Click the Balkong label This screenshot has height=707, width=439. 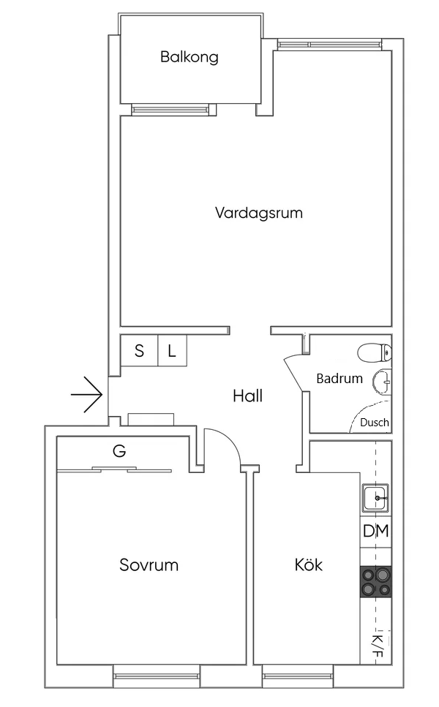(x=190, y=57)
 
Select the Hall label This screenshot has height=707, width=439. (x=247, y=396)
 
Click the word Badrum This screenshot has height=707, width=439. (x=339, y=379)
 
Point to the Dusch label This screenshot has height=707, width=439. (x=374, y=423)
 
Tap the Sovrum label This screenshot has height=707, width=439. (x=149, y=565)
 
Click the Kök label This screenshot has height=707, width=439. (x=308, y=565)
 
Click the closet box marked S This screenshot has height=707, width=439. (x=139, y=351)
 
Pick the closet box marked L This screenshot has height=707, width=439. (x=172, y=351)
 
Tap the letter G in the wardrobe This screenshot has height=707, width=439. (x=119, y=451)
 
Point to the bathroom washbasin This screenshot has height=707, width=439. (x=381, y=382)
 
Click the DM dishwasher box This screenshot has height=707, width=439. (x=376, y=532)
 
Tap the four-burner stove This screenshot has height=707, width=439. (x=376, y=583)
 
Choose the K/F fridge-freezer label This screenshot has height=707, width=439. (x=377, y=643)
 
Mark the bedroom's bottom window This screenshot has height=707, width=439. (x=157, y=676)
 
